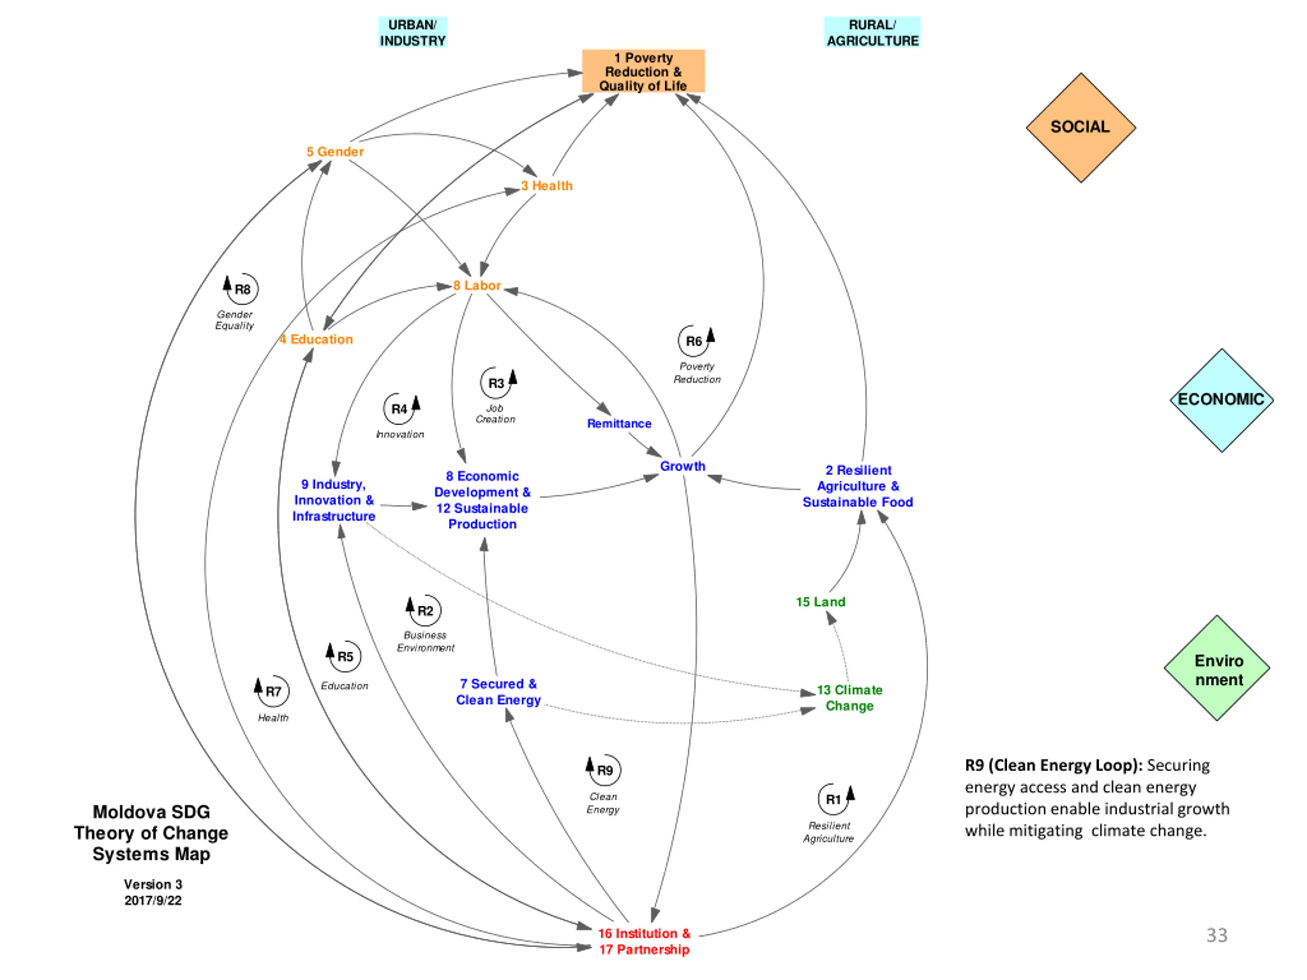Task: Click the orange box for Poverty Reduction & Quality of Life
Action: tap(643, 71)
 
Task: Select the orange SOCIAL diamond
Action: tap(1081, 128)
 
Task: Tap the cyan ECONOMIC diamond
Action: tap(1221, 400)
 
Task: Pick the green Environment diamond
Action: tap(1217, 668)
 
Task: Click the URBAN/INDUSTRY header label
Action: tap(413, 33)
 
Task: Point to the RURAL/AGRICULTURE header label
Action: tap(872, 33)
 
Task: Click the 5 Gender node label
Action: tap(335, 152)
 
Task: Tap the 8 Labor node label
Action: tap(477, 286)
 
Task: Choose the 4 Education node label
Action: tap(316, 339)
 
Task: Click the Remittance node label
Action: tap(619, 424)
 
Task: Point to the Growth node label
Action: tap(683, 466)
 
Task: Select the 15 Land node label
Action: tap(821, 602)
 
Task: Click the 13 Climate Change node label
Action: tap(850, 698)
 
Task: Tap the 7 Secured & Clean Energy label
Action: tap(498, 692)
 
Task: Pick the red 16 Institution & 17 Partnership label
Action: tap(644, 942)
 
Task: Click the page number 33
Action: tap(1217, 936)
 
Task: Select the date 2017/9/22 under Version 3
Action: tap(153, 901)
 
